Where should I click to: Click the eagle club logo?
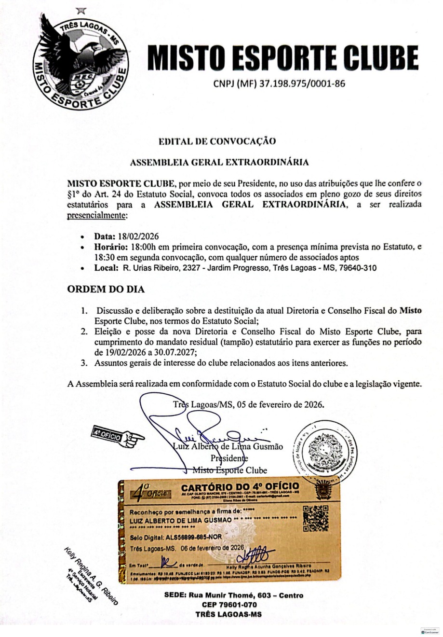tap(79, 60)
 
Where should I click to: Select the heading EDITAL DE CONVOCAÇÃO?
tap(217, 141)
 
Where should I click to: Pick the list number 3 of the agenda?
tap(84, 363)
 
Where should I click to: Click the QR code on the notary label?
tap(315, 518)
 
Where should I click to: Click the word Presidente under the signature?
tap(229, 458)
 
